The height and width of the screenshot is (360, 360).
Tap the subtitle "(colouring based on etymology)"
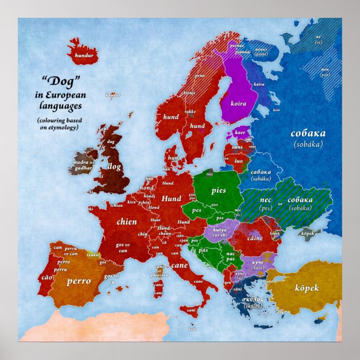[59, 124]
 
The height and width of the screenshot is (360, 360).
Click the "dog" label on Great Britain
[114, 166]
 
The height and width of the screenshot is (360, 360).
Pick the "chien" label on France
[126, 221]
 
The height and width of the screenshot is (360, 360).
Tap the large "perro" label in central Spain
[78, 281]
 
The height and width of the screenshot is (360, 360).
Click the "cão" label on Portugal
[46, 278]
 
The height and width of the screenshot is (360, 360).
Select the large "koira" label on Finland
[238, 103]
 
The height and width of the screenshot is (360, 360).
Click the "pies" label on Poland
[219, 190]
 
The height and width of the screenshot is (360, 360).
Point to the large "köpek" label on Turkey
[306, 288]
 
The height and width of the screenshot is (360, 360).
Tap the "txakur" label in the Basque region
[93, 253]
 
